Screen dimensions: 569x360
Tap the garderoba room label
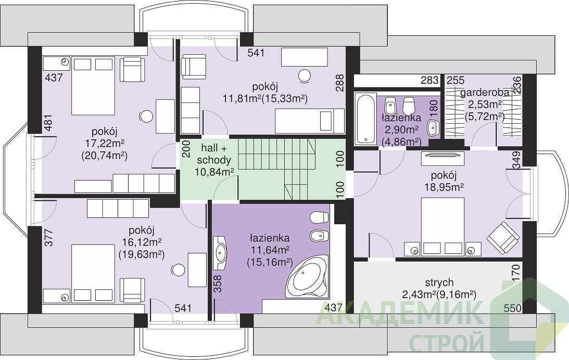tap(485, 93)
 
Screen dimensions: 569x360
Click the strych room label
tap(440, 282)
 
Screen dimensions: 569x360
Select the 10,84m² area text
tap(214, 172)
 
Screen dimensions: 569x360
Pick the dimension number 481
tap(48, 123)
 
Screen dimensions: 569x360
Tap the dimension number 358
tap(218, 284)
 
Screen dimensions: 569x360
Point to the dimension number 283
tap(430, 80)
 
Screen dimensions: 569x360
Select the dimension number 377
tap(48, 238)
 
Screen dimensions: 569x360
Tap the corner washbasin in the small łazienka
tap(433, 127)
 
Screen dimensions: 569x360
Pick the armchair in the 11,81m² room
tap(194, 67)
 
